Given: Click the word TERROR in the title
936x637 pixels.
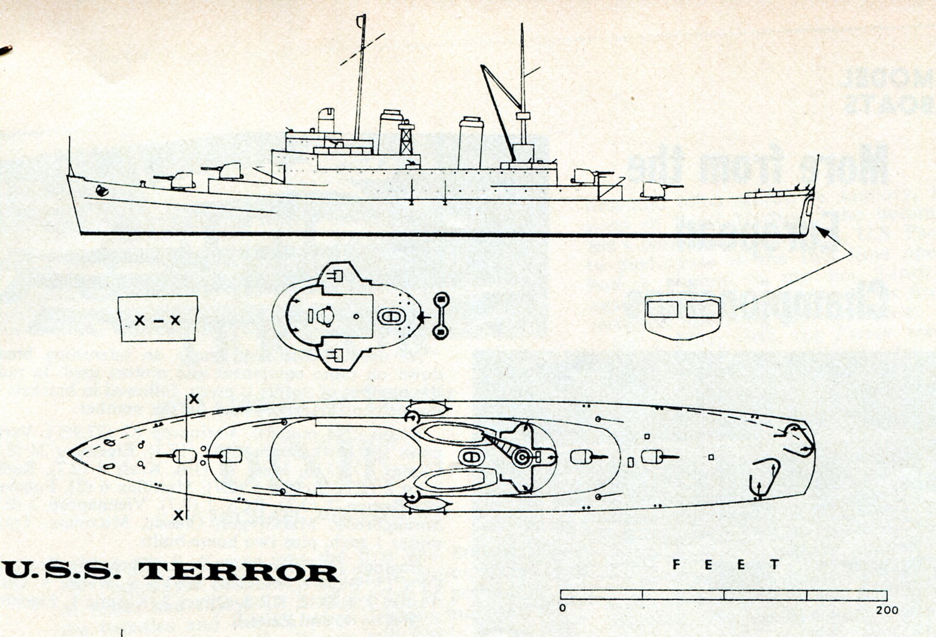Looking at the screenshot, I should (x=239, y=572).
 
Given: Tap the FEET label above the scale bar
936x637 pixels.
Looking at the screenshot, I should (x=726, y=565).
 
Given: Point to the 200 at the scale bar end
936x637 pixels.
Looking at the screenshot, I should (x=887, y=610).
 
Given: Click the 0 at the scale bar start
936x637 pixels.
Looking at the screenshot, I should (x=563, y=608).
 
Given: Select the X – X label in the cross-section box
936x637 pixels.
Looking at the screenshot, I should (x=157, y=321).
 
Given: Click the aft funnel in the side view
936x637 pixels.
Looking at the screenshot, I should (x=470, y=143).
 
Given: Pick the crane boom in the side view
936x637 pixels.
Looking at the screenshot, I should (x=498, y=109).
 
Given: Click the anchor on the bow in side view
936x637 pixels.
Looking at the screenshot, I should (x=100, y=190).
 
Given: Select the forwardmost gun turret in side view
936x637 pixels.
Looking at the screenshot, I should (x=182, y=181).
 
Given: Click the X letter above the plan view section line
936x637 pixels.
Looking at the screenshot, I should (x=194, y=399).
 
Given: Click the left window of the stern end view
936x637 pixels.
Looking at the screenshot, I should (x=663, y=309).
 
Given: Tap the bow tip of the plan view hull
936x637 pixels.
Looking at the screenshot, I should (x=68, y=454).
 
